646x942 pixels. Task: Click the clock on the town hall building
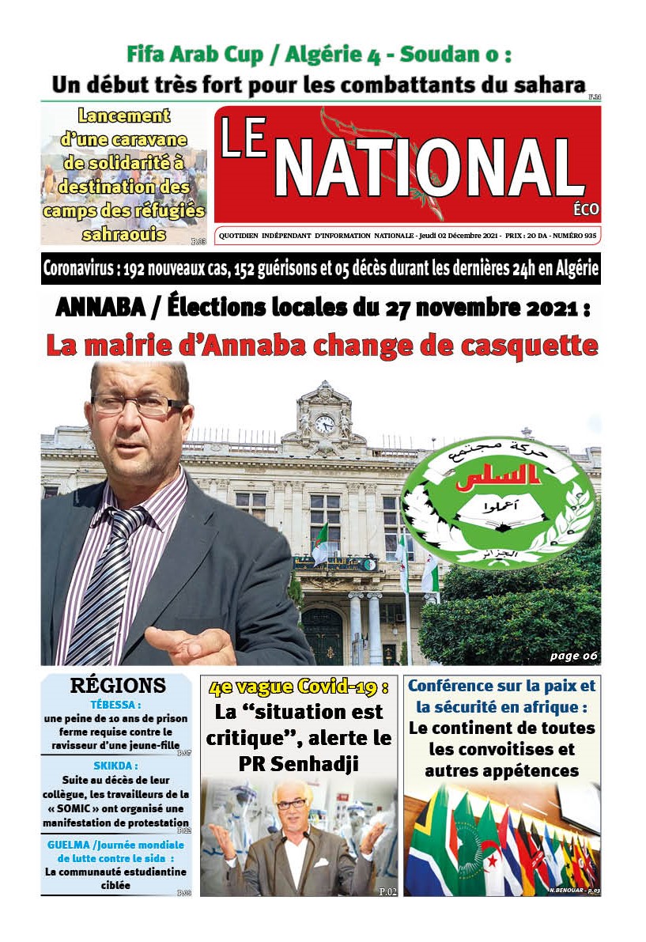(325, 424)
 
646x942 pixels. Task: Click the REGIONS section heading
(118, 686)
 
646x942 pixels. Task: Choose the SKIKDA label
(115, 766)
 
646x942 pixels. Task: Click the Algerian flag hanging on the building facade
(320, 545)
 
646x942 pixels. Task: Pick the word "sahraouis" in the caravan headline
(123, 234)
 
